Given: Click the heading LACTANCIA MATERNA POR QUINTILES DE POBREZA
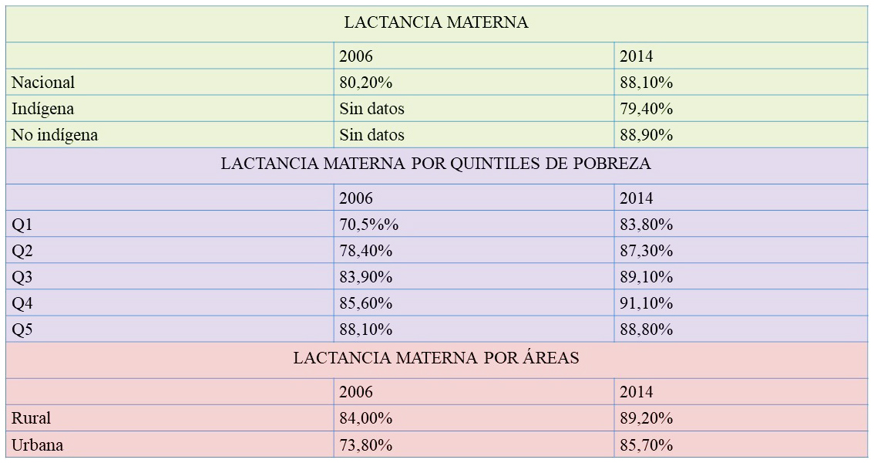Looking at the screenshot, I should click(435, 164).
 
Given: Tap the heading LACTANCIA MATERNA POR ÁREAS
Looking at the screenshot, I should click(435, 359).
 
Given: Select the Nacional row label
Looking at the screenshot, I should click(43, 83).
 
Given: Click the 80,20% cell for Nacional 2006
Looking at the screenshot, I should click(365, 83).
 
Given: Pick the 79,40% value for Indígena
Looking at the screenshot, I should click(646, 109).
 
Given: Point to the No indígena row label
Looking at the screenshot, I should click(55, 135).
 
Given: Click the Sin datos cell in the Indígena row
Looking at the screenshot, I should click(371, 109).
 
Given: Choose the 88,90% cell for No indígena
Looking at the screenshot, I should click(646, 135).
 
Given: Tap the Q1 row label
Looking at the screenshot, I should click(22, 225).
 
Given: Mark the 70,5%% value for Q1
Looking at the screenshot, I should click(368, 225).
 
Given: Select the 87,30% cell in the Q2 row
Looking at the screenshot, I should click(646, 251).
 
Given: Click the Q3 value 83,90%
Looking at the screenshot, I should click(365, 277).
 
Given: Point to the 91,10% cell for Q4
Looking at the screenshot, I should click(646, 303).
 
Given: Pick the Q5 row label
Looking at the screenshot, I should click(22, 330).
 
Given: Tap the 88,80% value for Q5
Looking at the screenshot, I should click(646, 330).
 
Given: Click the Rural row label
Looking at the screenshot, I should click(31, 418).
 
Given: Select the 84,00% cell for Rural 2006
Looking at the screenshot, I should click(365, 418).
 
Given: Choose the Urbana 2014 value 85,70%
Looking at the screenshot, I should click(646, 445).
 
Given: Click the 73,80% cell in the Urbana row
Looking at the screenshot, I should click(365, 445).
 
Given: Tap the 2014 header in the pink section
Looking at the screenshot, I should click(636, 392).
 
